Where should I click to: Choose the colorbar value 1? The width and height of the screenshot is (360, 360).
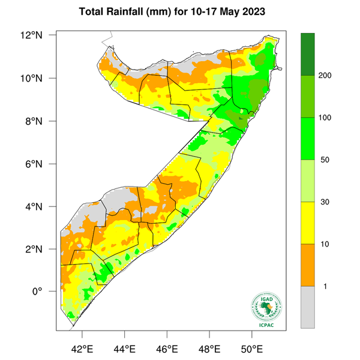[x=324, y=287]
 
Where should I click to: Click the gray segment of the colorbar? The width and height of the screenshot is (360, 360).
[x=308, y=307]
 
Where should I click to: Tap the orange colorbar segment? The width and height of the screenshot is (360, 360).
[x=308, y=265]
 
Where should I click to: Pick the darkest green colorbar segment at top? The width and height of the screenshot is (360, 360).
[x=308, y=54]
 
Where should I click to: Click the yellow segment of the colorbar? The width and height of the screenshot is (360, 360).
[x=308, y=223]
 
